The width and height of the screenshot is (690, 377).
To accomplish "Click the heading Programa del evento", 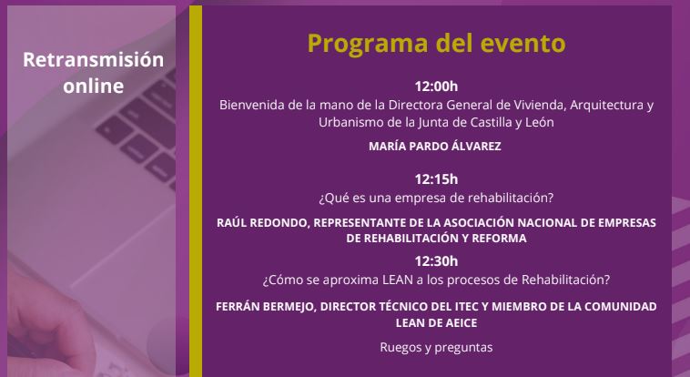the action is (436, 43).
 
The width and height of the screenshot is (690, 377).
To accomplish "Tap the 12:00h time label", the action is (436, 87).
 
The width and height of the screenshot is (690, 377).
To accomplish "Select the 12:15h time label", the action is (436, 179).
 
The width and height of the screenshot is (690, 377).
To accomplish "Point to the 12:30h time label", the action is (436, 261).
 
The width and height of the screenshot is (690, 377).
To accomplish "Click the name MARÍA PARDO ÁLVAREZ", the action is (435, 147).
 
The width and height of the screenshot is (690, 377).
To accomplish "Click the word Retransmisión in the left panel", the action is (93, 60).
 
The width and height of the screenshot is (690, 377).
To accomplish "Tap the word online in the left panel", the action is (93, 86).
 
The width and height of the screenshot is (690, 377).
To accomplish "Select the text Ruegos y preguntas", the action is (436, 348).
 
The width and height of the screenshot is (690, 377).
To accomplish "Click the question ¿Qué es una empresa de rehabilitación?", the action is (436, 198).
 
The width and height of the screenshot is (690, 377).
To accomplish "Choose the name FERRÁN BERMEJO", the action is (266, 307).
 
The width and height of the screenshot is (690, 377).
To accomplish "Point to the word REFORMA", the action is (499, 239).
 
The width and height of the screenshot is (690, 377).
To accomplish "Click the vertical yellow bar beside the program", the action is (196, 191).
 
